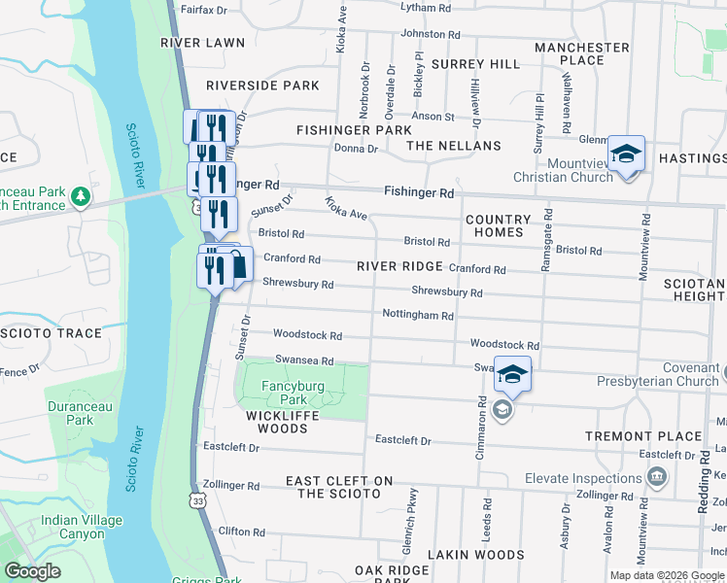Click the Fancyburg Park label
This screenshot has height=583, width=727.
click(293, 393)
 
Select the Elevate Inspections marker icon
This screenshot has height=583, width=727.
click(657, 477)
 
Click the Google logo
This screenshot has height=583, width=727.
click(33, 571)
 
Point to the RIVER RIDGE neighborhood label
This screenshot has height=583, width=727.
click(399, 266)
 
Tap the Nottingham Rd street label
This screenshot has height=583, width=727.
click(418, 316)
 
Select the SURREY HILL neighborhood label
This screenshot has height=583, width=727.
click(476, 64)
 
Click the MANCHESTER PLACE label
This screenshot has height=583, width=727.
click(582, 53)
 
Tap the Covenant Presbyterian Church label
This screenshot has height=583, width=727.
click(676, 374)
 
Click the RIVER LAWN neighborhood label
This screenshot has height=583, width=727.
click(203, 43)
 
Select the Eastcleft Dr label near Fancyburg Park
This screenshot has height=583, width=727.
click(231, 448)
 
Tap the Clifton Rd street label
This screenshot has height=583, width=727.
click(235, 531)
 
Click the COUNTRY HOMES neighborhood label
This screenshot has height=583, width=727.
click(498, 226)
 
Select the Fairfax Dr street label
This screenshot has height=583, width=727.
click(203, 10)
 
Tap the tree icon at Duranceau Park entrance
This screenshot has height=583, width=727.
click(82, 198)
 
